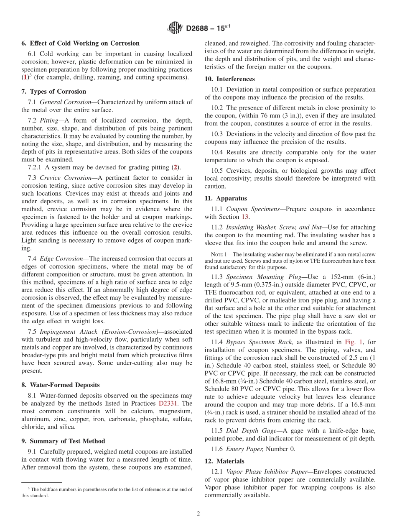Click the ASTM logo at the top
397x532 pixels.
tap(175, 28)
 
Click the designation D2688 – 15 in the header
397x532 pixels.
tap(207, 28)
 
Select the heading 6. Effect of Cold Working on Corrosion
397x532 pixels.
tap(80, 43)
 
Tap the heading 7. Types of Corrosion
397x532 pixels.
tap(53, 92)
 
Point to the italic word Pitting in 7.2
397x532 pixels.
tap(48, 120)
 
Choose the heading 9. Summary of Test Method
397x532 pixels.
tap(63, 441)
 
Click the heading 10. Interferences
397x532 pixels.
tap(229, 79)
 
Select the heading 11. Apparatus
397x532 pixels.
tap(226, 198)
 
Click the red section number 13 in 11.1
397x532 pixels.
tap(246, 217)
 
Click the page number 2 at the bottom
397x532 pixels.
tap(198, 514)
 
